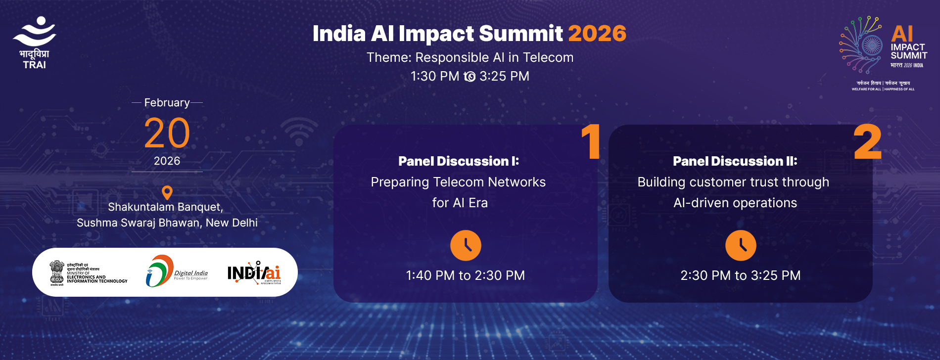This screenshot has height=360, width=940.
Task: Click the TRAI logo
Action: point(35,42)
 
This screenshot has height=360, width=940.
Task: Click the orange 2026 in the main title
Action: point(597,34)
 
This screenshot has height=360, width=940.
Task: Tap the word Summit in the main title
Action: point(520,34)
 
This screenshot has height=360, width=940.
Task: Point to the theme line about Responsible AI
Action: point(470,58)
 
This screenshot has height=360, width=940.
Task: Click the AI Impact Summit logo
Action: point(883,52)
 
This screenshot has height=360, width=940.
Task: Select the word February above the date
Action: point(167,103)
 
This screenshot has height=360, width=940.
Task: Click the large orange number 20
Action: point(167,133)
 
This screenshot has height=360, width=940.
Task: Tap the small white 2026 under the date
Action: point(167,161)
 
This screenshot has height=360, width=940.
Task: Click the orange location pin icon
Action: point(167,192)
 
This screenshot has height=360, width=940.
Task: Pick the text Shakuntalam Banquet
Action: point(165,207)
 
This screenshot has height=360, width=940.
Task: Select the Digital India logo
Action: point(177,271)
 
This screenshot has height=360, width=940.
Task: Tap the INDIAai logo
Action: point(254,273)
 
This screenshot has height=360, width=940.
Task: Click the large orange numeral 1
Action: point(591,142)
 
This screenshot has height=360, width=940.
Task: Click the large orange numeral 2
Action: point(868,142)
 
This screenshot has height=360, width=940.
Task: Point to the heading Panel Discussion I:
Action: point(458,161)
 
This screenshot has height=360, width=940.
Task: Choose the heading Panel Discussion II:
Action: point(735,161)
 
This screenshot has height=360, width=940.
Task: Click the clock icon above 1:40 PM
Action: point(466,245)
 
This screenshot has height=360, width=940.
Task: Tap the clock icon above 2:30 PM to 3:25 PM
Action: point(741,245)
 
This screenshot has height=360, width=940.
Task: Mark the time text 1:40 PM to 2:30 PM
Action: point(465,275)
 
